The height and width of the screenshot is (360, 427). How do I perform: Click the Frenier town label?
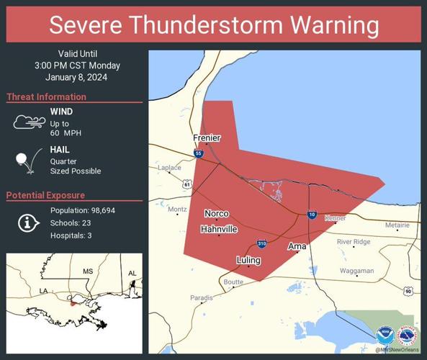coord(207,138)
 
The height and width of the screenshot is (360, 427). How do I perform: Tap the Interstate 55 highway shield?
coord(199,153)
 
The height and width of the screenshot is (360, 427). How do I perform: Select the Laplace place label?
coord(169,168)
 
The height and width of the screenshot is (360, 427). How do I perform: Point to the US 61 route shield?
coord(187,185)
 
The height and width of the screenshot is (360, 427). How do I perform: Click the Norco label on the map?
coord(216,214)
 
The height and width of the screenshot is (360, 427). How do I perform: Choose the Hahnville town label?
coord(219,229)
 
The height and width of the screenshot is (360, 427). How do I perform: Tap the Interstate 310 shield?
coord(263,244)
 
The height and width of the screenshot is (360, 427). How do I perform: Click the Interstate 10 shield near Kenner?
coord(311,215)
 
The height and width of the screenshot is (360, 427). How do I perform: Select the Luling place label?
coord(248,259)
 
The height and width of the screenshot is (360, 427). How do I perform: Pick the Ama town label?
coord(297,246)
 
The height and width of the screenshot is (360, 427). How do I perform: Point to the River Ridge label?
coord(354,242)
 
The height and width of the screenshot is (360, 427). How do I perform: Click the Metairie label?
coord(396,225)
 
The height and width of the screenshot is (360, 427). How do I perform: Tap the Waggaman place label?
coord(356,271)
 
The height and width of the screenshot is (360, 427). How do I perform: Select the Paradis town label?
coord(202,297)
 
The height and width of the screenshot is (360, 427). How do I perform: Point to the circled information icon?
coord(29,223)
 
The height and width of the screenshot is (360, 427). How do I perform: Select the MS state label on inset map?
coord(88,271)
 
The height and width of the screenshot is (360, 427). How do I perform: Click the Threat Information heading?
coord(46,96)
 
